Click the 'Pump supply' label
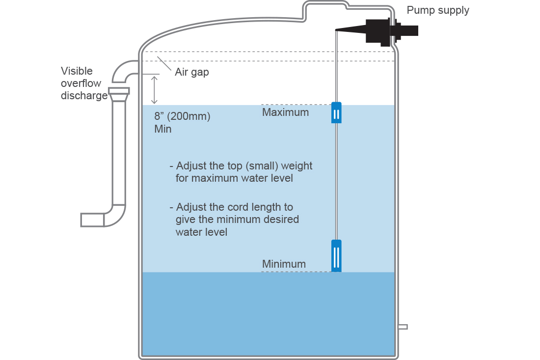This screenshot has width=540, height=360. click(438, 10)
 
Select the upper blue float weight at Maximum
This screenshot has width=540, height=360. click(336, 112)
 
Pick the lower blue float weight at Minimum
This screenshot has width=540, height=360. click(336, 255)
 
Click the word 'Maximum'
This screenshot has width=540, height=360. click(286, 112)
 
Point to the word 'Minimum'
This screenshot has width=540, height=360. click(284, 264)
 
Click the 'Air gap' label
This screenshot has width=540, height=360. click(192, 72)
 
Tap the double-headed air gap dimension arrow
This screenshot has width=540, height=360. click(154, 90)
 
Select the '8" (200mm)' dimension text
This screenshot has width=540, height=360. click(182, 116)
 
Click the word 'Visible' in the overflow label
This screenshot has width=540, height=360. click(77, 71)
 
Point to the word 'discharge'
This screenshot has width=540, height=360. click(84, 95)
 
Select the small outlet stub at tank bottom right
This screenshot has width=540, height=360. click(403, 327)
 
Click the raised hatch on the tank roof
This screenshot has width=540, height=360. click(325, 10)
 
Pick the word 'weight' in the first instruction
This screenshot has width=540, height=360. click(297, 166)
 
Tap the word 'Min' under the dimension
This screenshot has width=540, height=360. click(163, 129)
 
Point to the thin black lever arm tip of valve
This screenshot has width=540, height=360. click(336, 30)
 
